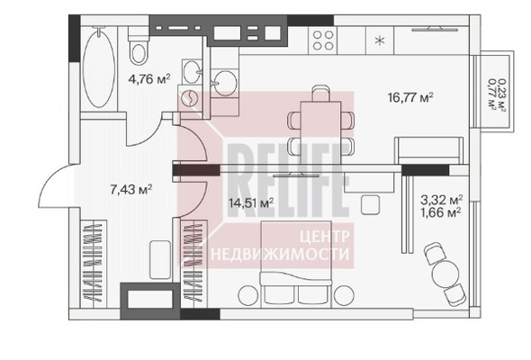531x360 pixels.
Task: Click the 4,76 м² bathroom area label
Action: [149, 79]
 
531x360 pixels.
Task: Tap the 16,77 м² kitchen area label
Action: [410, 97]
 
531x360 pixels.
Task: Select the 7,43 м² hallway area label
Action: [131, 189]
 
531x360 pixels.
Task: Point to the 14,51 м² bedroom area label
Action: [251, 202]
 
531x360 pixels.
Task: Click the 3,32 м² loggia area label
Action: [442, 199]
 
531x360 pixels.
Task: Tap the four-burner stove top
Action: [323, 40]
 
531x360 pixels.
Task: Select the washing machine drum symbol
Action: [189, 98]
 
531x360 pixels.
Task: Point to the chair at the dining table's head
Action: [320, 94]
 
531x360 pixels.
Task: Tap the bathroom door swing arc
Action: [144, 130]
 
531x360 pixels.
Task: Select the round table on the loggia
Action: [445, 271]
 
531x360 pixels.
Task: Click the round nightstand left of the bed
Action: [248, 295]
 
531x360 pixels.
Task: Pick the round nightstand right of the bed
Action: [344, 295]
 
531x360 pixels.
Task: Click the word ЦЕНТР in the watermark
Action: [324, 237]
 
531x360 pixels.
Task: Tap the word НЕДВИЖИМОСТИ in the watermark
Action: [280, 254]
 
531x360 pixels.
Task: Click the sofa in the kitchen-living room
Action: [429, 150]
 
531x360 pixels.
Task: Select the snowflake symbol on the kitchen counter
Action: [380, 41]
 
